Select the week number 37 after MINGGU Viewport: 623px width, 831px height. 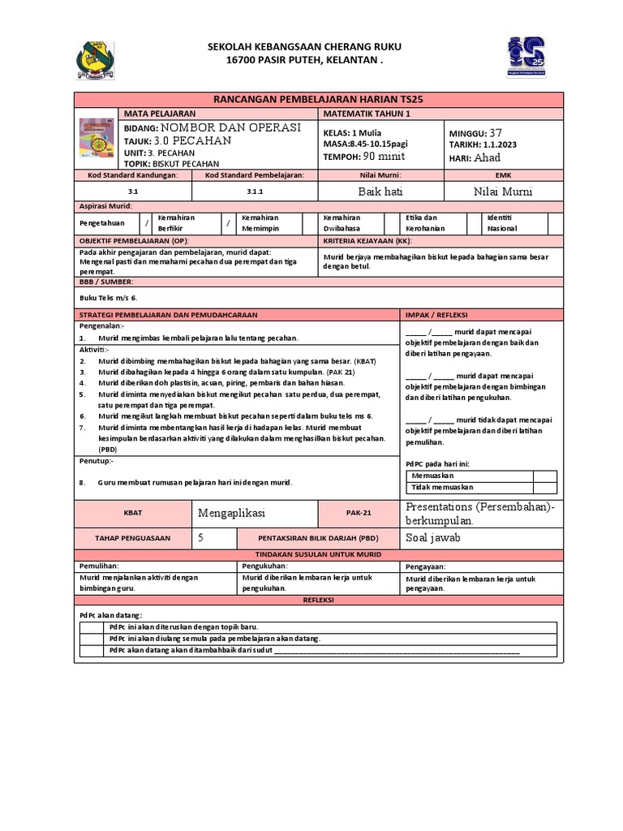coord(496,132)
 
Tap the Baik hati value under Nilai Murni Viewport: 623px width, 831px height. coord(380,192)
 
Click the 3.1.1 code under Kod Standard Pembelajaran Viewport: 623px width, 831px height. coord(256,192)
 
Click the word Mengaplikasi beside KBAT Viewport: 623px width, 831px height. coord(232,513)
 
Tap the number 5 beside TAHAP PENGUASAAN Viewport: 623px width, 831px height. coord(201,537)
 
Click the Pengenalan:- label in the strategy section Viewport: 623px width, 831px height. coord(101,325)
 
